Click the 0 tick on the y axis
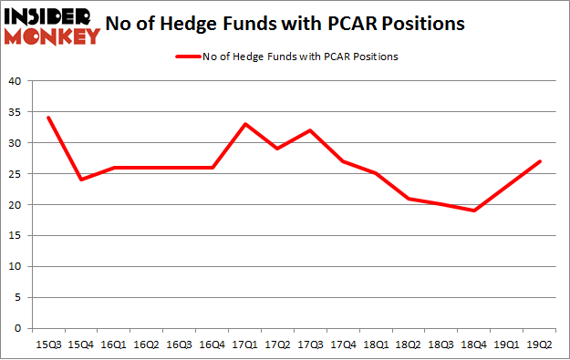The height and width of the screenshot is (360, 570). pyautogui.click(x=17, y=328)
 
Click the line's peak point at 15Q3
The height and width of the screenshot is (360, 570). pyautogui.click(x=48, y=118)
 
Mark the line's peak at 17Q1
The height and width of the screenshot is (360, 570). pyautogui.click(x=244, y=124)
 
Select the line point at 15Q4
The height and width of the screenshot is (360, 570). pyautogui.click(x=81, y=180)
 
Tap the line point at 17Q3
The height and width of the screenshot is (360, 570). pyautogui.click(x=309, y=130)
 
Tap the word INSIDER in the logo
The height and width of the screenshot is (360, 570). pyautogui.click(x=52, y=15)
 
